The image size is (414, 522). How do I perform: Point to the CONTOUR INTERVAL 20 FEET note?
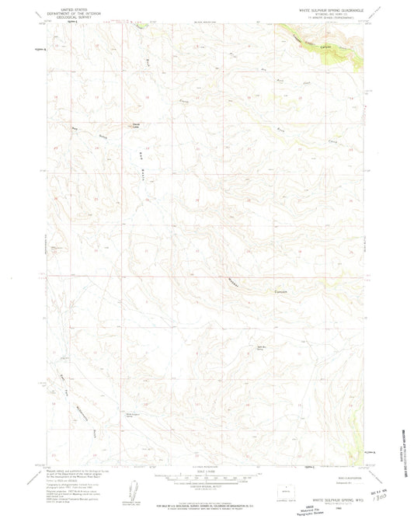[204, 485]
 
